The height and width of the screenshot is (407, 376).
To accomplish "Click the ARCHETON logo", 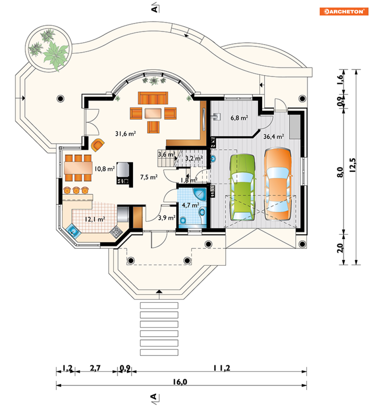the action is coord(344,11).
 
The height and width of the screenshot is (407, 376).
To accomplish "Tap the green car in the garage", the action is coord(242,187).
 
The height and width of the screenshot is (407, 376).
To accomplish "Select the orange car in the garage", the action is coord(277,184).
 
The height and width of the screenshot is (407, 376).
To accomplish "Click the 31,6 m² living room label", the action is coord(125,134).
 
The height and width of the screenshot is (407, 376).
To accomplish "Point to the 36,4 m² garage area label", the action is coord(274,137).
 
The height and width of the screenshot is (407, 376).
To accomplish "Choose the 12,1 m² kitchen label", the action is coord(95,219).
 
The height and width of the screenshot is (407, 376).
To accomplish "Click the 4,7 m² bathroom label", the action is coord(190,205).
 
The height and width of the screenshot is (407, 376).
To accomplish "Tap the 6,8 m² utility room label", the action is coord(239,118).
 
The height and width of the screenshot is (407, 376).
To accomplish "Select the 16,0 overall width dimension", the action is coord(180,382).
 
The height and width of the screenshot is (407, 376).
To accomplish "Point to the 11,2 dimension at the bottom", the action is coord(222,368).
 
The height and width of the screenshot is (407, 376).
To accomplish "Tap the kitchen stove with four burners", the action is coord(116,231).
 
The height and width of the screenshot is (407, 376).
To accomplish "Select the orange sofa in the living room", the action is coord(153,98).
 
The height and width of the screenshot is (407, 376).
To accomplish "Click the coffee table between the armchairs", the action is coord(153,113).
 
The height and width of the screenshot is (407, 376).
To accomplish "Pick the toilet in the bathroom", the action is coord(183,220).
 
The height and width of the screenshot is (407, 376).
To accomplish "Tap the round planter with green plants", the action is coord(49,49).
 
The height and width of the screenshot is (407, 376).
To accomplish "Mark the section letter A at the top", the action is coord(154,9).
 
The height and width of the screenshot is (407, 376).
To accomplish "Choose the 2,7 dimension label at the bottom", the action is coord(95,368).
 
